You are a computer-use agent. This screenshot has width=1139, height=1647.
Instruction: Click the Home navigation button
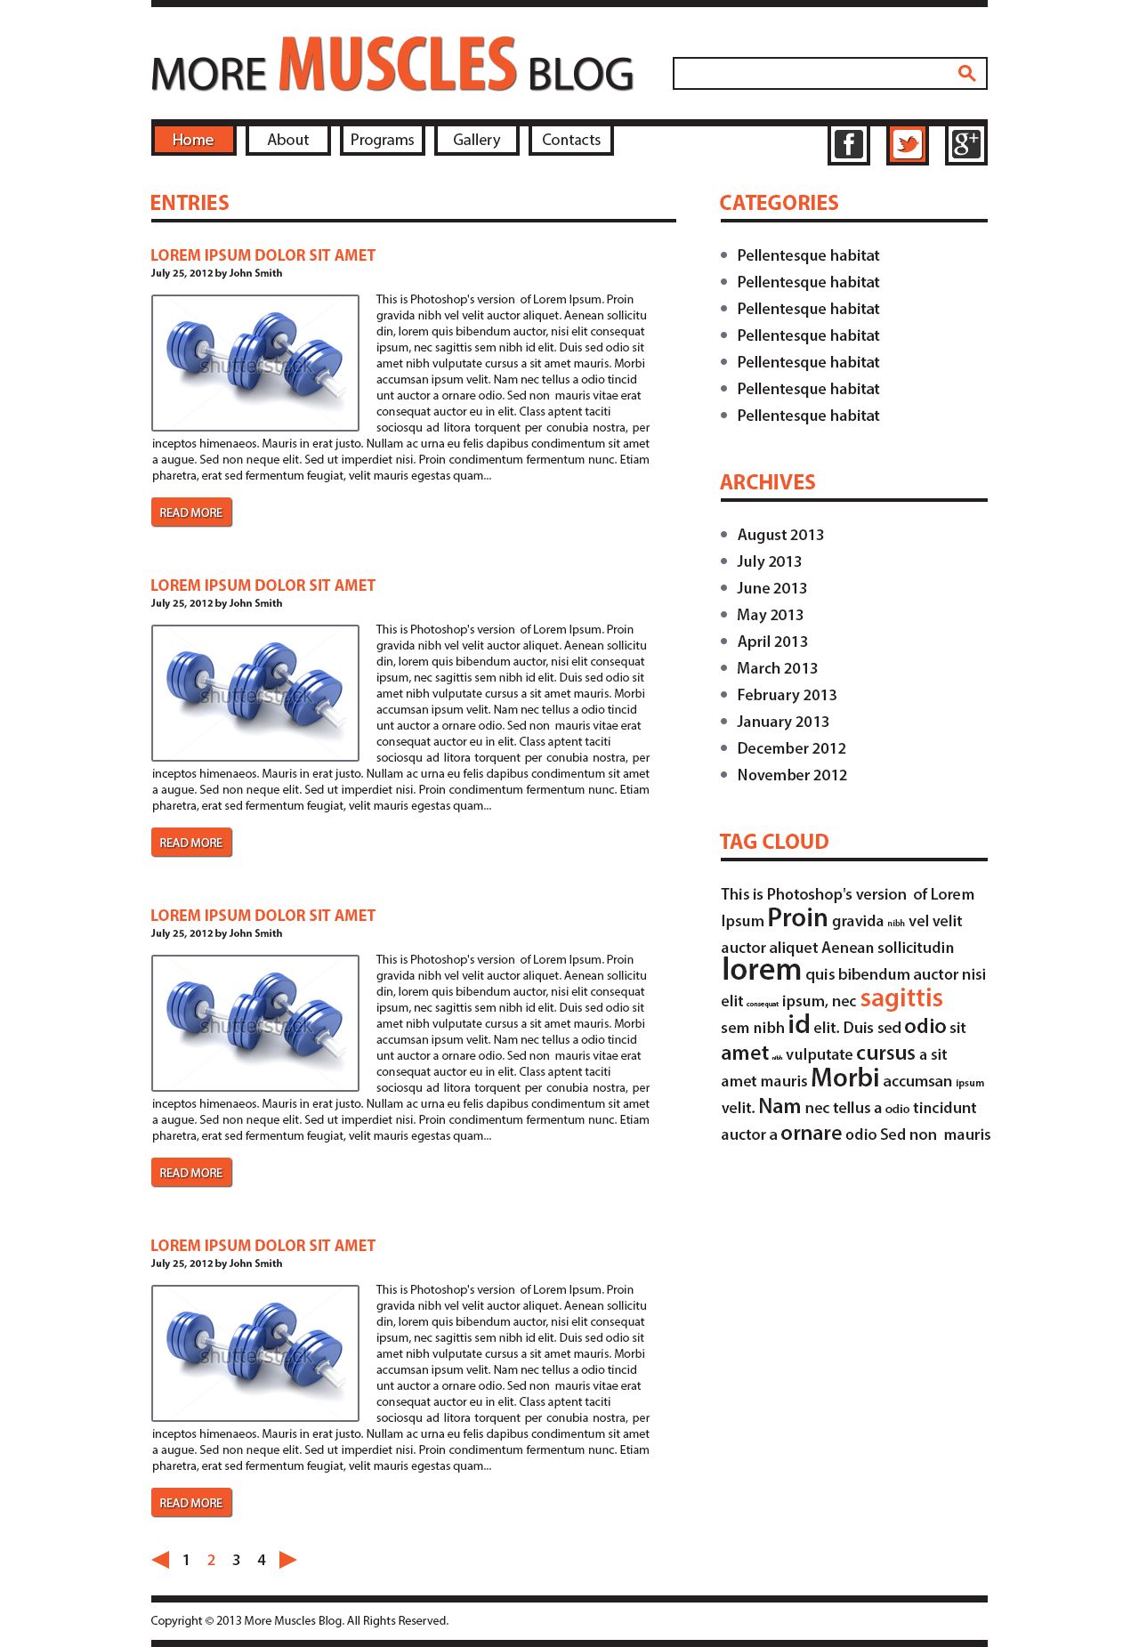pyautogui.click(x=193, y=140)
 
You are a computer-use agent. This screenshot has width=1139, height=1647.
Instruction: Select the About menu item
pyautogui.click(x=287, y=140)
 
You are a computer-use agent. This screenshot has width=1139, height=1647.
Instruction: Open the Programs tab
pyautogui.click(x=382, y=140)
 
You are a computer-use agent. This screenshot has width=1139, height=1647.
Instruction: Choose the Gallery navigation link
pyautogui.click(x=476, y=140)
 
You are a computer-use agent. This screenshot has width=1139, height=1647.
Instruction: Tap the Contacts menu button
pyautogui.click(x=570, y=140)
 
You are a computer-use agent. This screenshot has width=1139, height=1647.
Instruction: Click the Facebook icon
pyautogui.click(x=848, y=144)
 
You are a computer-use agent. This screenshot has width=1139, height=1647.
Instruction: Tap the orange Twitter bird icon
pyautogui.click(x=907, y=144)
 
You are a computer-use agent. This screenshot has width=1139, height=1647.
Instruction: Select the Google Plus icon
pyautogui.click(x=965, y=144)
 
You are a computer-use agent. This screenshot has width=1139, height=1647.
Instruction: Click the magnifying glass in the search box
pyautogui.click(x=966, y=74)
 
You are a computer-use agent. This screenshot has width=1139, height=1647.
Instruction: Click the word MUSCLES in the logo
pyautogui.click(x=397, y=65)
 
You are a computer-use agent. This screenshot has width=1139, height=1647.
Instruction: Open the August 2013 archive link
pyautogui.click(x=780, y=535)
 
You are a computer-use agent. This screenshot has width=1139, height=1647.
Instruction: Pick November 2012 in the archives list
pyautogui.click(x=791, y=775)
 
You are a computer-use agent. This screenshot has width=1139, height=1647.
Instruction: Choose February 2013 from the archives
pyautogui.click(x=787, y=695)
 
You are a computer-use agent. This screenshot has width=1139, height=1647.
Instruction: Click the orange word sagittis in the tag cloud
pyautogui.click(x=901, y=998)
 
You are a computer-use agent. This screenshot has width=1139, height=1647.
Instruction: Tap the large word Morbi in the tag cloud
pyautogui.click(x=844, y=1078)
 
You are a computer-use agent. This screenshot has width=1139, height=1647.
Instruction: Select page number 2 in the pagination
pyautogui.click(x=211, y=1560)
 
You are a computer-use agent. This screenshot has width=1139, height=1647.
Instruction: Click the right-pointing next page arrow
pyautogui.click(x=287, y=1560)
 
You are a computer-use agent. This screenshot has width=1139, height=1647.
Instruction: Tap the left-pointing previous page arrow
pyautogui.click(x=161, y=1560)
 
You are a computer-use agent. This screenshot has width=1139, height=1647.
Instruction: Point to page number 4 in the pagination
pyautogui.click(x=262, y=1560)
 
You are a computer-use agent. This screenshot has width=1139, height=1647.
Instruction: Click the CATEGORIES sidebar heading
pyautogui.click(x=779, y=203)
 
